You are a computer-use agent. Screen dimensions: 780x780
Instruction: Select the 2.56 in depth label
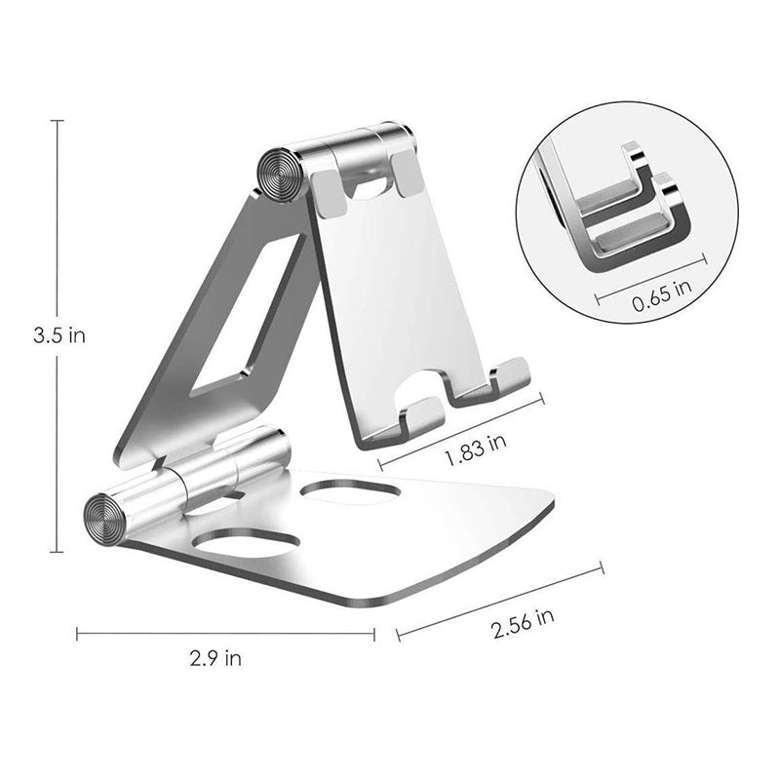[523, 621]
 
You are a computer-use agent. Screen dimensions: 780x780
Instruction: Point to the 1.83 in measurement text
[475, 448]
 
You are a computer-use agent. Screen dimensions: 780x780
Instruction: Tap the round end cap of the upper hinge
[280, 175]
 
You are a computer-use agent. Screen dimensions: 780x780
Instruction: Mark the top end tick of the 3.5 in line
[57, 120]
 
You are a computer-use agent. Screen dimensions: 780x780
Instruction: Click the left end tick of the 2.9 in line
[77, 634]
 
